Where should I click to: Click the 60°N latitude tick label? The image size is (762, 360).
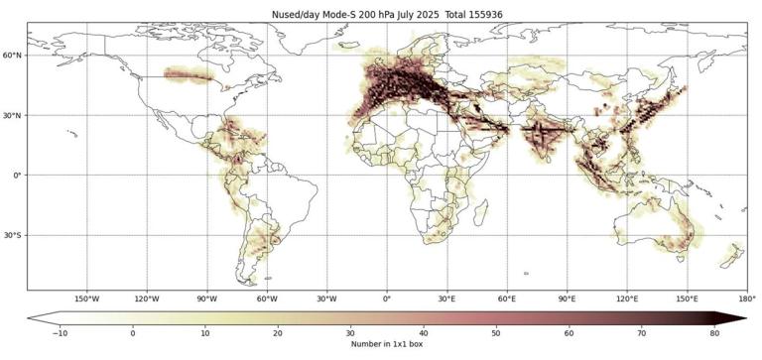click(x=13, y=56)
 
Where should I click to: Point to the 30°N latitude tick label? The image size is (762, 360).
click(x=13, y=115)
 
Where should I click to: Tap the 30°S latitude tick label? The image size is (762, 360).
click(x=13, y=235)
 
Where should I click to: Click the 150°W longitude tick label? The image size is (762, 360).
click(x=86, y=298)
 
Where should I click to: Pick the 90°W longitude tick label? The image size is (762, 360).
click(x=206, y=298)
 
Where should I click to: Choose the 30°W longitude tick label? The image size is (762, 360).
click(x=326, y=298)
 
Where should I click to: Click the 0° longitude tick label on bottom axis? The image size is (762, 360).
click(x=387, y=298)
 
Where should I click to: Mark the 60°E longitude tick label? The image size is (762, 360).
click(x=507, y=298)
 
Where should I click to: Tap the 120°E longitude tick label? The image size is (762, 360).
click(x=627, y=298)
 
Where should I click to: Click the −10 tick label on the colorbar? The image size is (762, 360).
click(x=59, y=333)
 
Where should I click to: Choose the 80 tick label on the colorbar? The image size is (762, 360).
click(x=713, y=333)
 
